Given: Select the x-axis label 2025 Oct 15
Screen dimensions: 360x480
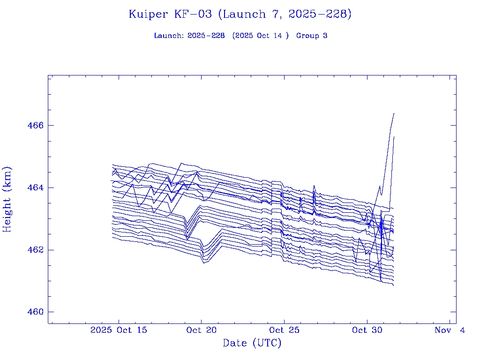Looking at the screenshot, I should click(x=119, y=330).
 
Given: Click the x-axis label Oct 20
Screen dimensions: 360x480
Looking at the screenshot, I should click(x=201, y=330).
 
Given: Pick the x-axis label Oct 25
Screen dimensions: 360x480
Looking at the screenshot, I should click(x=284, y=330).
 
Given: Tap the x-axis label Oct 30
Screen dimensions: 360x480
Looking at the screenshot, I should click(x=366, y=330).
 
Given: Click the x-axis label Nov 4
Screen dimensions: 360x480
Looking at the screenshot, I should click(x=450, y=330).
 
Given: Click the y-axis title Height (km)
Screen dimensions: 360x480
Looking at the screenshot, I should click(x=7, y=199).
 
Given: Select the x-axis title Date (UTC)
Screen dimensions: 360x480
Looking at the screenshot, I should click(x=252, y=344).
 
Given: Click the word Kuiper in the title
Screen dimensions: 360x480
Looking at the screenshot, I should click(x=148, y=15).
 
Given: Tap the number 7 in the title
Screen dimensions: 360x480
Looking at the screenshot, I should click(x=276, y=15).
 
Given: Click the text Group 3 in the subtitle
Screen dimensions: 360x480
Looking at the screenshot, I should click(x=312, y=36).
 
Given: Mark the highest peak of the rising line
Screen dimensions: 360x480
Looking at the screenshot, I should click(x=394, y=113).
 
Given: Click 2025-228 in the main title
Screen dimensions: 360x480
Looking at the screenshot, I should click(x=320, y=15).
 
